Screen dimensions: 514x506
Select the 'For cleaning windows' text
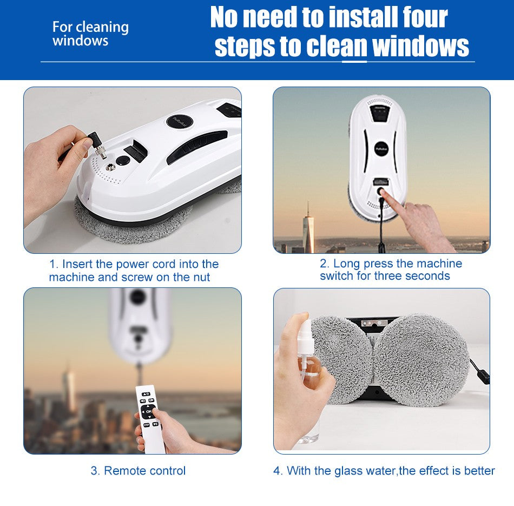90,34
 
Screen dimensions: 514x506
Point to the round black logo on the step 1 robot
179,121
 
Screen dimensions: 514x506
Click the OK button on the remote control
148,411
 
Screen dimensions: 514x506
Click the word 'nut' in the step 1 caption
201,278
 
